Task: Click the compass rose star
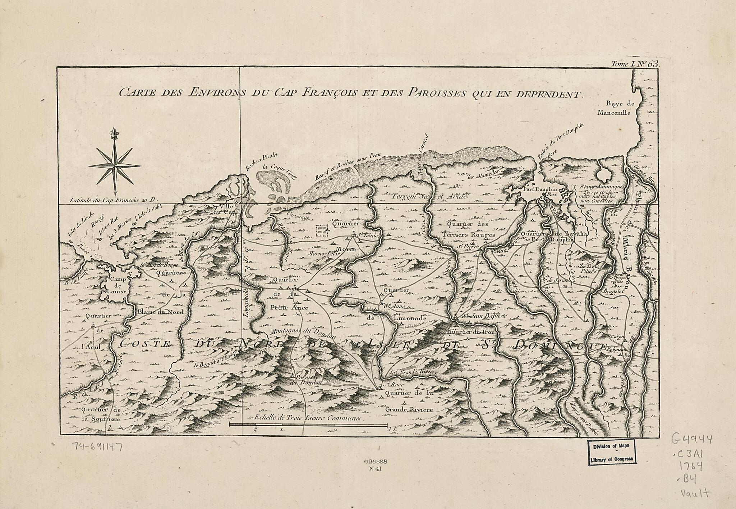(115, 165)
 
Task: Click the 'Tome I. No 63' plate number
(635, 64)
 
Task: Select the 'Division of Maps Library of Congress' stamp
(611, 453)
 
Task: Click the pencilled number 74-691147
(98, 447)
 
